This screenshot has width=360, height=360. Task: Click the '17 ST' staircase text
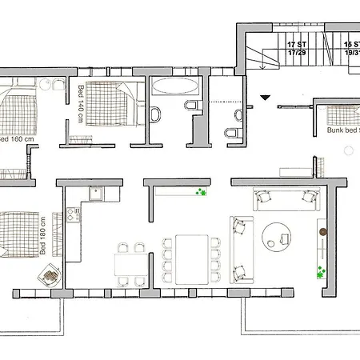pos(297,45)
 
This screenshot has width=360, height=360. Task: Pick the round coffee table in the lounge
pos(281,233)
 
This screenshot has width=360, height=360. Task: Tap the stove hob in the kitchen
pos(71,214)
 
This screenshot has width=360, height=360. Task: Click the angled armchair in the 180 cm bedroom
pos(49,274)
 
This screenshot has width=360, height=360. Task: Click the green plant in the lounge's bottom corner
pos(322,270)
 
